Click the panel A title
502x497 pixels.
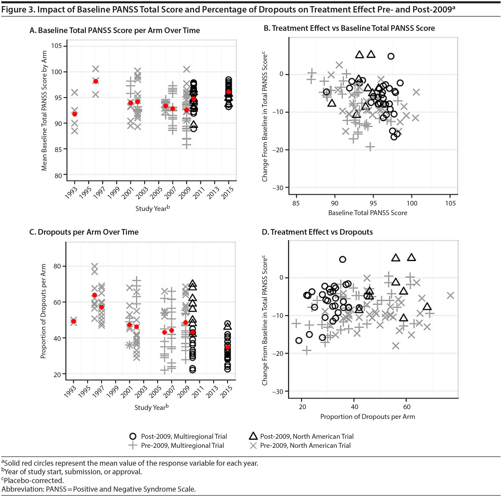click(115, 30)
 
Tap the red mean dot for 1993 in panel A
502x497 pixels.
click(75, 114)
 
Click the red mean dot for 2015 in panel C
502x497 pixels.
click(228, 347)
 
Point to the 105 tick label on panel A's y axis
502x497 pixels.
click(56, 46)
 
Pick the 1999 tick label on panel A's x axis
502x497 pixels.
click(113, 193)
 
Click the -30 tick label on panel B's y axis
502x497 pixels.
click(278, 188)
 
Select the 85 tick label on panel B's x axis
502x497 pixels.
click(296, 203)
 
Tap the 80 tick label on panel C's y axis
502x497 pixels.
click(57, 266)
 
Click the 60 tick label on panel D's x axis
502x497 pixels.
click(407, 407)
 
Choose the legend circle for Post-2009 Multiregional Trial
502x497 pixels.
click(133, 436)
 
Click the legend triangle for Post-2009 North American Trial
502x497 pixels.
click(253, 436)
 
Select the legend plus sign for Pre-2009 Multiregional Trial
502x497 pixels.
click(133, 445)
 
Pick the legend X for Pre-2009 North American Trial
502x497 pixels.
click(253, 445)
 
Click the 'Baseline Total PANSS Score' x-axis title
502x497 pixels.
click(368, 213)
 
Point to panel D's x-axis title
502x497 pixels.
click(368, 417)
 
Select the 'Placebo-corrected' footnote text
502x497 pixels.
click(34, 480)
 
